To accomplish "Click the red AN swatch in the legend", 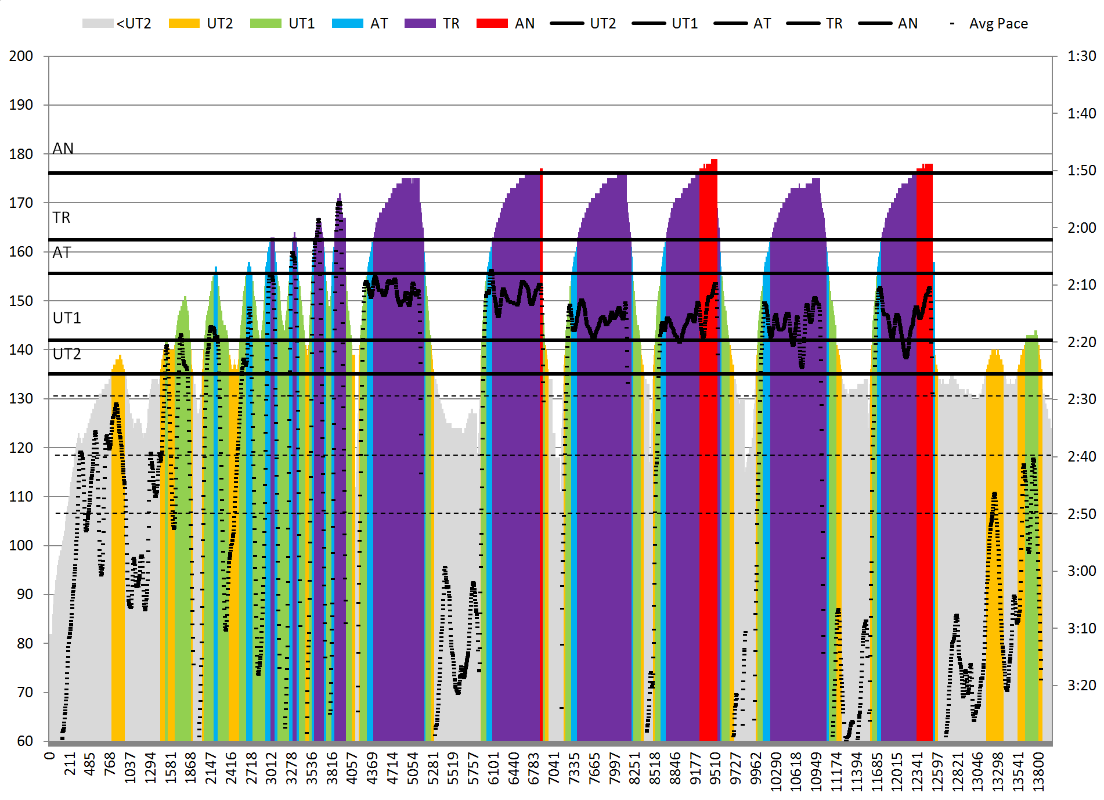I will pos(492,23).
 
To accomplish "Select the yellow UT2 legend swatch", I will pos(184,23).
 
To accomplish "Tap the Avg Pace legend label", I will pos(998,24).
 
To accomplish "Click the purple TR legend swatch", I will pos(420,23).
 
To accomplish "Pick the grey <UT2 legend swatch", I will pos(98,23).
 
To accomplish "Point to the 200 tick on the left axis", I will pos(21,56).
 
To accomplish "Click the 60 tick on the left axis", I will pos(25,741).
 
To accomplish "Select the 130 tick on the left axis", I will pos(21,399).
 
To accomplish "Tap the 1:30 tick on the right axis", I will pos(1081,56).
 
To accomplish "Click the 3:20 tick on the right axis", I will pos(1081,686).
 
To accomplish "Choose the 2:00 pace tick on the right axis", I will pos(1081,228).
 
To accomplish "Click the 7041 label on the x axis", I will pos(554,768).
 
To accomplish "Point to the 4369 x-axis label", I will pos(372,768).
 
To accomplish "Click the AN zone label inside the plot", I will pos(63,149).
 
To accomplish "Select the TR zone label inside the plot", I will pos(62,218).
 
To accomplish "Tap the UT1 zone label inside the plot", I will pos(67,318).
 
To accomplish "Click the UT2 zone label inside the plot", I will pos(67,354).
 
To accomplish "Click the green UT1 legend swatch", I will pos(265,23).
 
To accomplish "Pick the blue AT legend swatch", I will pos(347,23).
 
